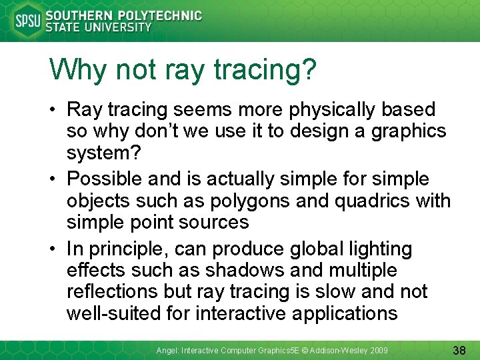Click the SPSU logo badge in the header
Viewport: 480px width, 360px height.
(27, 21)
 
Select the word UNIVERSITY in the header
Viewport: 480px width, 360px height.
(119, 28)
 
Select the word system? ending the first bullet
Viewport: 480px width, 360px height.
(104, 153)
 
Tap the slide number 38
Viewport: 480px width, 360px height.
(459, 349)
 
